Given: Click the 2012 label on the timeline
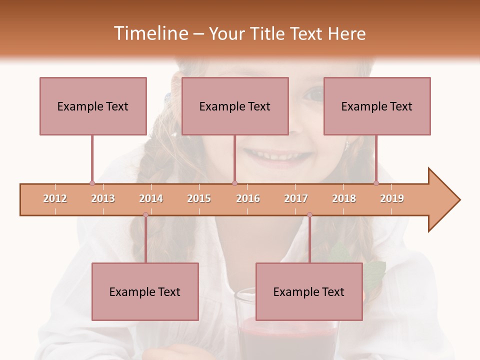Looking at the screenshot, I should (55, 198).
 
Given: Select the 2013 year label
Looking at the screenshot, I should (103, 198).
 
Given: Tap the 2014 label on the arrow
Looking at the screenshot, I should (151, 198).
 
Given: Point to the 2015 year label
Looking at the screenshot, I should (199, 198).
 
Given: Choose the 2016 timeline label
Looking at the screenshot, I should (248, 198).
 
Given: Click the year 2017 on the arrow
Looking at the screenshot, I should (296, 198).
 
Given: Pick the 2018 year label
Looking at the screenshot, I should (344, 198).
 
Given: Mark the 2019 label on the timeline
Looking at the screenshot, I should (392, 198).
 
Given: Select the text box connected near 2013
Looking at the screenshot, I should (93, 106).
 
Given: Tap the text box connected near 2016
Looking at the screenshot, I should (235, 106).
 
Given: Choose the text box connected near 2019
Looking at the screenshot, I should (377, 106).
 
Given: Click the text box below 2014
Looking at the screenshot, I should (145, 291).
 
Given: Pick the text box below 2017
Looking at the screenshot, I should (309, 291).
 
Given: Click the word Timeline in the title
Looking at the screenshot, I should (150, 33).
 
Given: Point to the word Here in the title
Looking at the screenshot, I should (346, 33).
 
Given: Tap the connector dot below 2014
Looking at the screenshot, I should (145, 214).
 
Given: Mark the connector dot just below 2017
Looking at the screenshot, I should (309, 214).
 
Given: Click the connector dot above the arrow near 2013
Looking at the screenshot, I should (92, 183).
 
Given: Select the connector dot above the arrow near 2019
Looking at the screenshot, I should (376, 183).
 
